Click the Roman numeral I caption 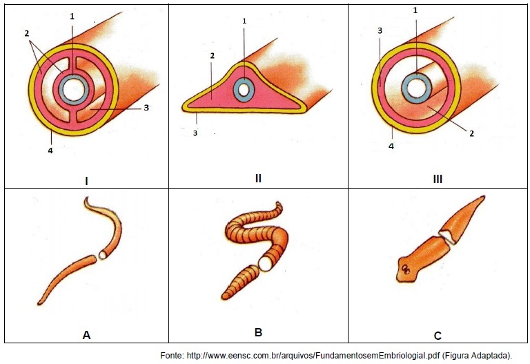click(86, 182)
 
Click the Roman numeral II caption click(258, 178)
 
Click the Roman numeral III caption click(438, 179)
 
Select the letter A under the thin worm click(86, 335)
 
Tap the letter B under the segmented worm click(258, 332)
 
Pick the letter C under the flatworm click(438, 336)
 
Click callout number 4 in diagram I click(50, 151)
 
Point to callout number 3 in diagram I click(146, 108)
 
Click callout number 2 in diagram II click(213, 55)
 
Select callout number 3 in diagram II click(195, 133)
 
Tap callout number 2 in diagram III click(472, 133)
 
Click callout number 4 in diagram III click(391, 146)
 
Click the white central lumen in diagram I click(74, 90)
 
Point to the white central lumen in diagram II click(244, 90)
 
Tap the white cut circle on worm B click(266, 263)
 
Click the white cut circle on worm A click(102, 255)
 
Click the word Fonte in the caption click(172, 356)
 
